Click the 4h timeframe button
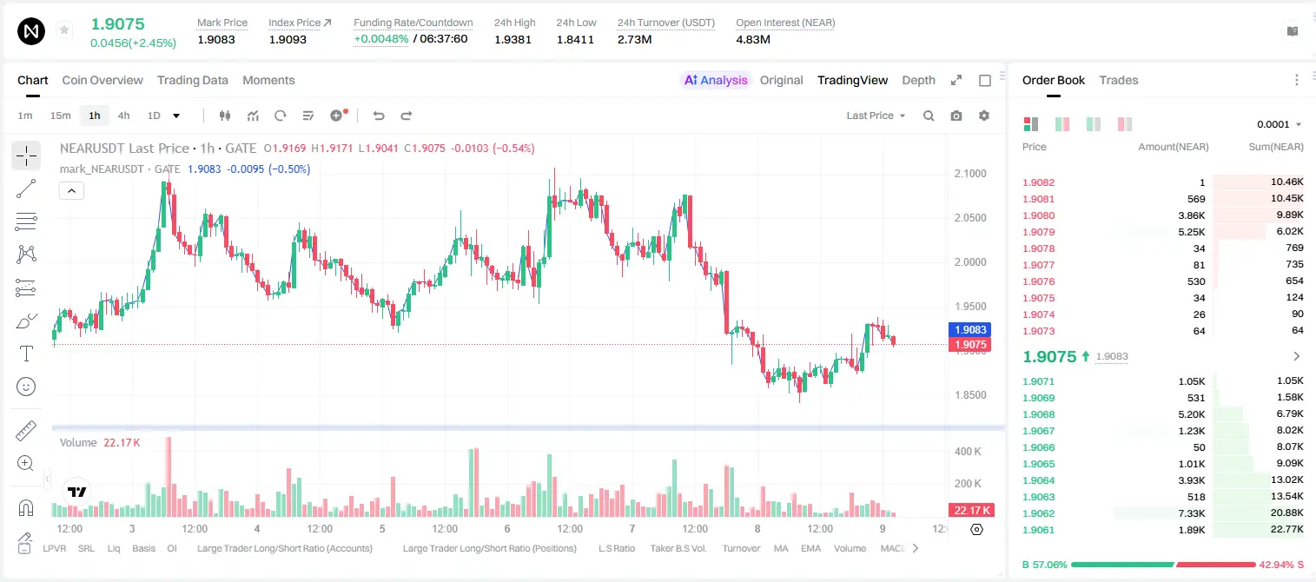click(x=123, y=116)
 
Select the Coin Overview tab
click(x=103, y=80)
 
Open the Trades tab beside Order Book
click(x=1119, y=80)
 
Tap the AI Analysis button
click(x=716, y=80)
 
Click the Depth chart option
click(x=918, y=80)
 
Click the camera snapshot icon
click(x=956, y=116)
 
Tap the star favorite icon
click(x=64, y=30)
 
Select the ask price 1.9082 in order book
click(x=1038, y=182)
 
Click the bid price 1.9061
click(x=1038, y=530)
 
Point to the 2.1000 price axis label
click(x=970, y=173)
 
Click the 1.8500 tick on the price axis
click(x=970, y=394)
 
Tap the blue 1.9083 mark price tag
click(x=970, y=330)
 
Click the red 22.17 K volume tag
click(x=970, y=511)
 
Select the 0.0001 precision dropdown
click(x=1279, y=124)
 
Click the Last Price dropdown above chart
click(x=876, y=116)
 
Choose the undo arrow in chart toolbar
click(x=379, y=116)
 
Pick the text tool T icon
click(x=26, y=354)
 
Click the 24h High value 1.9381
click(x=513, y=39)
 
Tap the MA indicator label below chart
click(x=781, y=548)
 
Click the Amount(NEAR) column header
click(x=1174, y=147)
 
